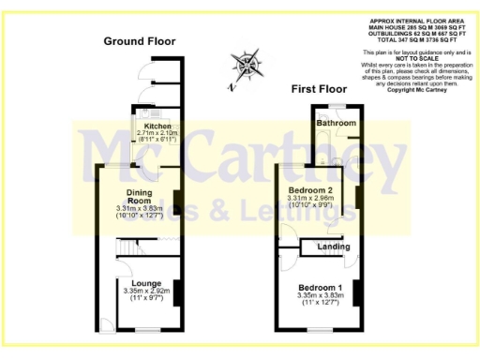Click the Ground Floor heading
click(139, 41)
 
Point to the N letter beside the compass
click(230, 86)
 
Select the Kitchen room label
click(157, 126)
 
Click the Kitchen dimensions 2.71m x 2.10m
click(157, 133)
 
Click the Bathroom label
click(335, 124)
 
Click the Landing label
click(334, 247)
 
